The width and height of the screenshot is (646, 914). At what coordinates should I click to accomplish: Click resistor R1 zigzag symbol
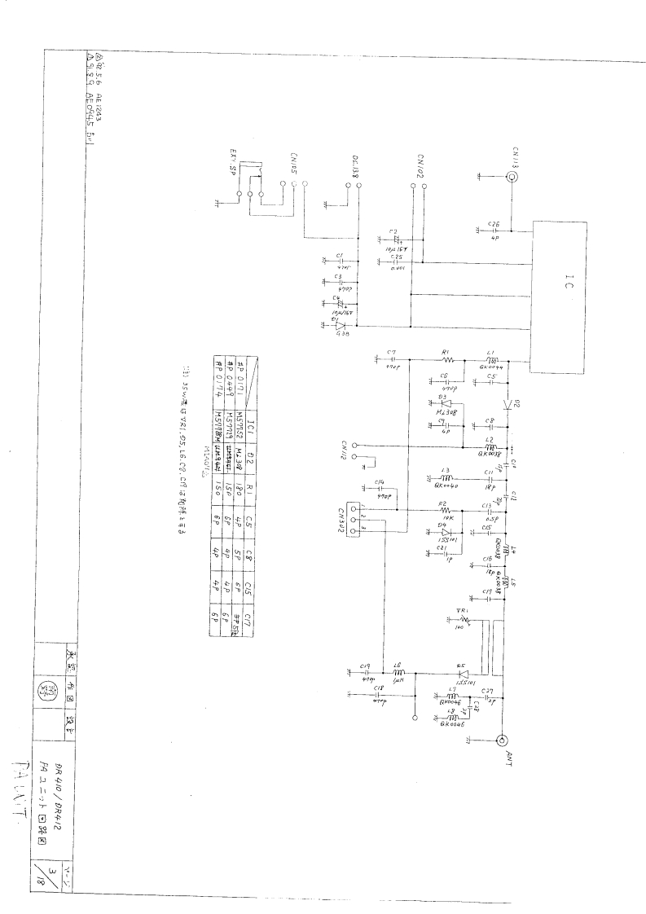[x=446, y=359]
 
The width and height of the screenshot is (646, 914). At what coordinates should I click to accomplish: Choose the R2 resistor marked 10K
[x=445, y=509]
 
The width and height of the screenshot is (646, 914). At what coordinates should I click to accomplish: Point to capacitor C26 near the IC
[x=493, y=231]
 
